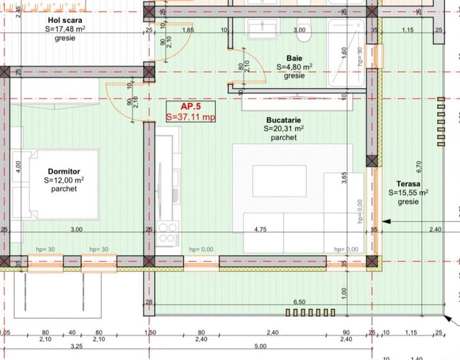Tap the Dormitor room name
pos(63,171)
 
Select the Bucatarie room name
pos(283,120)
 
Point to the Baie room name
pos(294,57)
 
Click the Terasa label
pos(408,183)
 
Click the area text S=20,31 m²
pos(283,129)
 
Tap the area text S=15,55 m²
pos(408,192)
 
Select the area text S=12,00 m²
pos(63,180)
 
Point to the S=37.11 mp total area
pos(190,117)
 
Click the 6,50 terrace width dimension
pos(299,301)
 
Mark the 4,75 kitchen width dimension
pos(260,229)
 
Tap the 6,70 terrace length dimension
pos(420,166)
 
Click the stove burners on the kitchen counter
pos(168,233)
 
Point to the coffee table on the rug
pos(279,180)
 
